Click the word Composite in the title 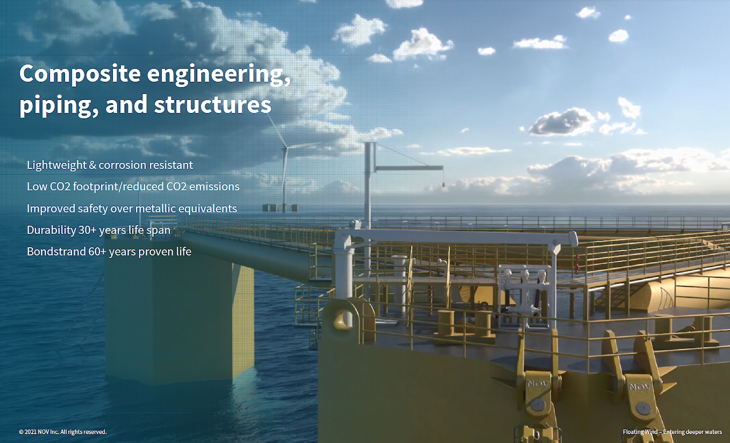point(80,74)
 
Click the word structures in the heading point(213,104)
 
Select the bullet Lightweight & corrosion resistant point(110,165)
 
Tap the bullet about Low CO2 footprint point(133,186)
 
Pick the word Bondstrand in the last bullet point(56,252)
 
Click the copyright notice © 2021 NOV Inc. point(63,432)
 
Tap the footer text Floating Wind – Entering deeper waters point(672,432)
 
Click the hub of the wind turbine point(286,149)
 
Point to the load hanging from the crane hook point(443,185)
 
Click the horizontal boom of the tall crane point(409,168)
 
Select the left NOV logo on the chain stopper point(537,384)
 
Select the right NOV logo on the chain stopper point(640,387)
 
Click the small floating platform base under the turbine point(280,208)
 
